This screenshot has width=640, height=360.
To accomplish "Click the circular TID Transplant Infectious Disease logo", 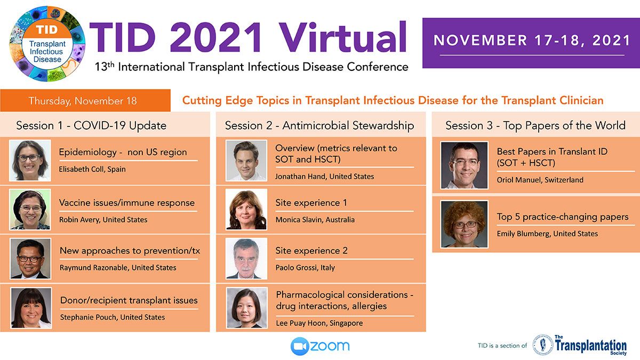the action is [x=47, y=44].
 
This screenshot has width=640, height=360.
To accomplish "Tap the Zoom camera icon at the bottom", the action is [x=300, y=346].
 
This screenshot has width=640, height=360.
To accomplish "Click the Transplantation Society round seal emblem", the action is [x=543, y=345].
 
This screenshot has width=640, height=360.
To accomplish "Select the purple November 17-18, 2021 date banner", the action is [x=531, y=43].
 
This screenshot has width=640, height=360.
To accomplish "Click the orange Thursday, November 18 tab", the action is [x=85, y=100].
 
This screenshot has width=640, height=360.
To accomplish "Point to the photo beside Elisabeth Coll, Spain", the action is [x=30, y=161].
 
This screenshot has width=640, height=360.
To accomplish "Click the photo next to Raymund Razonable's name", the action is [x=30, y=259].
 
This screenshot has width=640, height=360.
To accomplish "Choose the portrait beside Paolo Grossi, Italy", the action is [x=246, y=259].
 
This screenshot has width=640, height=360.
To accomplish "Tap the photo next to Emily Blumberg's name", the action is [x=465, y=225].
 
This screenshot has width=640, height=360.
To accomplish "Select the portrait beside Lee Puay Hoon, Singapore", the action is [x=247, y=308].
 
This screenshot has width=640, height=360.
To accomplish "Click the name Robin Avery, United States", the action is [x=103, y=220].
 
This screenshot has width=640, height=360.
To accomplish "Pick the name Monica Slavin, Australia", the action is [x=315, y=220].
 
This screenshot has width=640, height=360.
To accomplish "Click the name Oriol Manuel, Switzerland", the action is [x=540, y=180].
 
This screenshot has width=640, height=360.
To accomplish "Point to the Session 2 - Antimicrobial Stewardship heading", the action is [x=319, y=125].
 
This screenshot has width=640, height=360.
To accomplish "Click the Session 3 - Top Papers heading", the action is [x=535, y=125].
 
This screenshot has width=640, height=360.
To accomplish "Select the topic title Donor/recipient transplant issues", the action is [x=129, y=300].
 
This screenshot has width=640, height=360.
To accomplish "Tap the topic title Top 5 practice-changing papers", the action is [x=563, y=217].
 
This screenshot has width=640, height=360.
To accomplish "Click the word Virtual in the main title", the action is [x=342, y=37].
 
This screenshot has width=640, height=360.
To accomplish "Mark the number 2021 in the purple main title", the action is [x=215, y=38].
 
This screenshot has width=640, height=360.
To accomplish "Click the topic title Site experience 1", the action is [x=311, y=203].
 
